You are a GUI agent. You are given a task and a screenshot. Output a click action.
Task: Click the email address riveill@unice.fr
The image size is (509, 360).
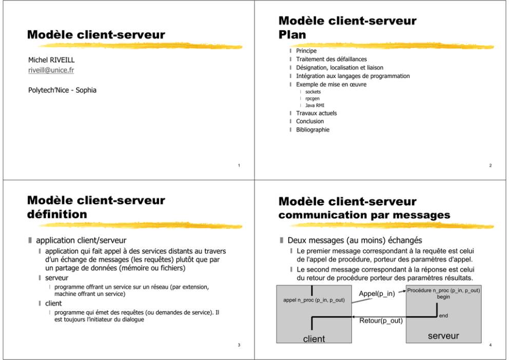pyautogui.click(x=51, y=70)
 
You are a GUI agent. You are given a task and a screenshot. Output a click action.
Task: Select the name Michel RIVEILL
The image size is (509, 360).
pyautogui.click(x=51, y=60)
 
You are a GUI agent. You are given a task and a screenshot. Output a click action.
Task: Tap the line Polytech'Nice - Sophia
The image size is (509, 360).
pyautogui.click(x=62, y=90)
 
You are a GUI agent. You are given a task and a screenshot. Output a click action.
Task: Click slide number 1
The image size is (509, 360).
pyautogui.click(x=239, y=165)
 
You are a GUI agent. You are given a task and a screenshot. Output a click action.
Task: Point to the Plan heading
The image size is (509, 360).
pyautogui.click(x=292, y=35)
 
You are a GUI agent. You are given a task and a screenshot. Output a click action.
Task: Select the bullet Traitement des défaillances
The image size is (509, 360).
pyautogui.click(x=331, y=59)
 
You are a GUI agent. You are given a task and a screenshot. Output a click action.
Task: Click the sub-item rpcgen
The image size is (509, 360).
pyautogui.click(x=312, y=99)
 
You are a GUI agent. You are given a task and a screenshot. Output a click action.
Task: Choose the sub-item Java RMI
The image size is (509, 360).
pyautogui.click(x=315, y=105)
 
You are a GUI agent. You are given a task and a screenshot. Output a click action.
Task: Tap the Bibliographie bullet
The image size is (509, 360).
pyautogui.click(x=312, y=129)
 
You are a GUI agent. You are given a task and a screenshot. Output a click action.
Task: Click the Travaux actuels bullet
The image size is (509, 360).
pyautogui.click(x=317, y=113)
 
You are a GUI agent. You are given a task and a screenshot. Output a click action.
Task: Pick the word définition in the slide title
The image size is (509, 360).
pyautogui.click(x=57, y=215)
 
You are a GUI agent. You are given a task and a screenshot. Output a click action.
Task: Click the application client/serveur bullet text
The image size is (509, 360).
pyautogui.click(x=81, y=240)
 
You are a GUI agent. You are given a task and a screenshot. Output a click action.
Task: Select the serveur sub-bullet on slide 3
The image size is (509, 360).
pyautogui.click(x=57, y=278)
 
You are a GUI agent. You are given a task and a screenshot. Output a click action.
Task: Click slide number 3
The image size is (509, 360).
pyautogui.click(x=239, y=345)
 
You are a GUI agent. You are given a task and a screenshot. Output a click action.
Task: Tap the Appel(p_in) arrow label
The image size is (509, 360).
pyautogui.click(x=377, y=294)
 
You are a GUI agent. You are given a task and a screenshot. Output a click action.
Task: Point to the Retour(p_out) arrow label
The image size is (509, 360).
pyautogui.click(x=381, y=320)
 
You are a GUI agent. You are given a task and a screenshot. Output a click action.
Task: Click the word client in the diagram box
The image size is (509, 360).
pyautogui.click(x=314, y=339)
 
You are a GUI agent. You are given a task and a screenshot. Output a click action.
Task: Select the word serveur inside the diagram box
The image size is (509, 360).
pyautogui.click(x=443, y=336)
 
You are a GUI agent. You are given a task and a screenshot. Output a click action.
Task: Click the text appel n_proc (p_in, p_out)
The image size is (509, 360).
pyautogui.click(x=314, y=300)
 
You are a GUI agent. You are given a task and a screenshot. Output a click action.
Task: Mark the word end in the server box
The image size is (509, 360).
pyautogui.click(x=443, y=315)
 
